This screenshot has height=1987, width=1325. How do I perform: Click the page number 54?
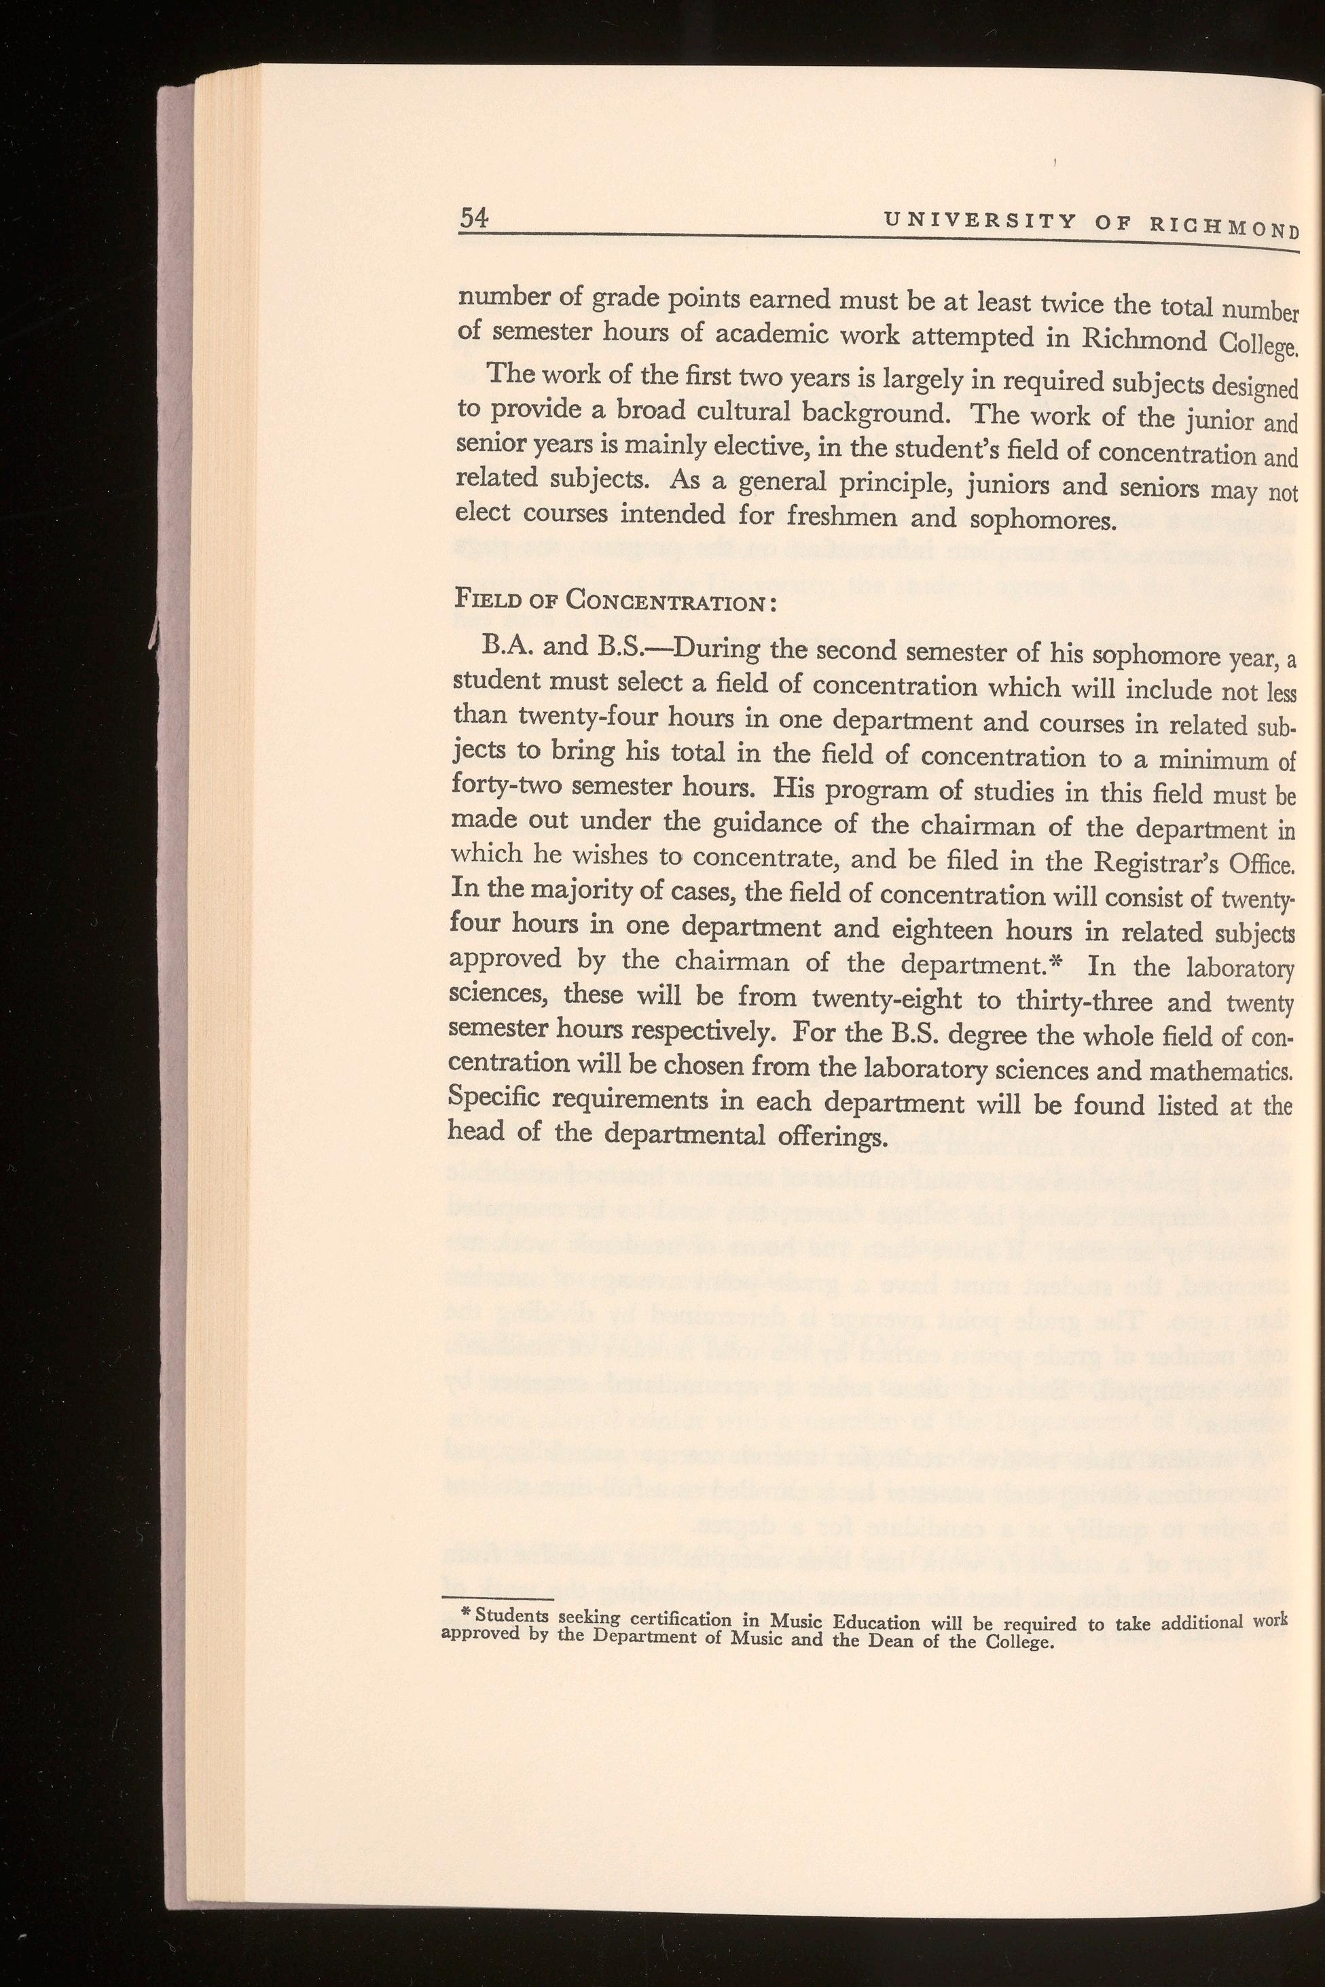coord(473,218)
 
